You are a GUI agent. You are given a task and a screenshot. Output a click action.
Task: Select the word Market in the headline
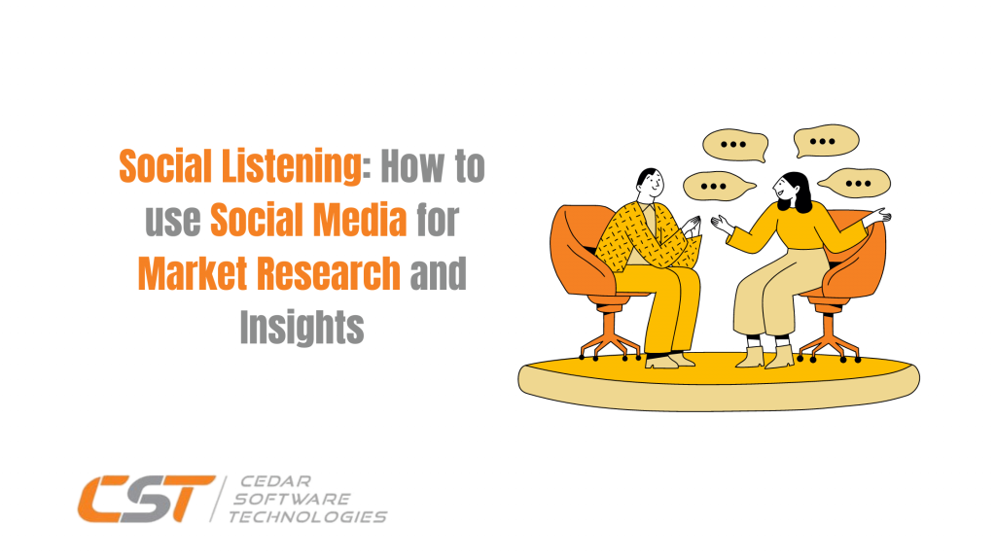point(192,275)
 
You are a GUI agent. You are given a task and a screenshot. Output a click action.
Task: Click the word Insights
point(302,329)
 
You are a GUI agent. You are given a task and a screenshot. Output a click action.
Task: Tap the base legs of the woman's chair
point(833,340)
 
